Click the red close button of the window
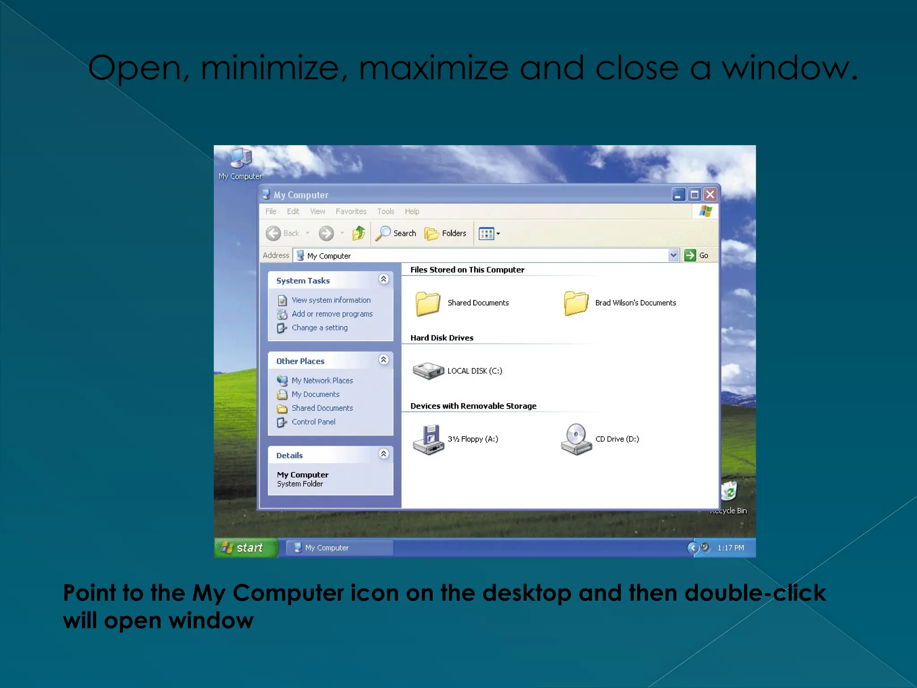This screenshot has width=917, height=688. [710, 195]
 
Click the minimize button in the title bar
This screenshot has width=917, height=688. [678, 195]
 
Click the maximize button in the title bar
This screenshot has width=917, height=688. [694, 195]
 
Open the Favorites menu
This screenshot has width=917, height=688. [351, 211]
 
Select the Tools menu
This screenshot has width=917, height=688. [386, 211]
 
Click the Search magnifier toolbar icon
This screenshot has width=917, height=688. [383, 233]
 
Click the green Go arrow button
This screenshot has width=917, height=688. [690, 255]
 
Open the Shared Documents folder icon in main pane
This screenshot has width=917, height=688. [428, 303]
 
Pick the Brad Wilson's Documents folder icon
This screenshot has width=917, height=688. [576, 303]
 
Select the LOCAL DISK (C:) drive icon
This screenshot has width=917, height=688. [428, 371]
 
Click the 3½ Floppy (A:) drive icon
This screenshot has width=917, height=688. [428, 439]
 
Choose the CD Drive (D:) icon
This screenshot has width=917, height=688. [576, 439]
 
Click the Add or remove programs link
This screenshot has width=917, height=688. [332, 314]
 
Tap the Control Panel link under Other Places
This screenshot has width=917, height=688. [313, 422]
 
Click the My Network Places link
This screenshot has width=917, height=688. [322, 381]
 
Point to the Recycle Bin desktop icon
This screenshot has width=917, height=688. [729, 492]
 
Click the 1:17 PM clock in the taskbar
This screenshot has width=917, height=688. [730, 548]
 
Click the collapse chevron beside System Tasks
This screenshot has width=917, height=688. [383, 279]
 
